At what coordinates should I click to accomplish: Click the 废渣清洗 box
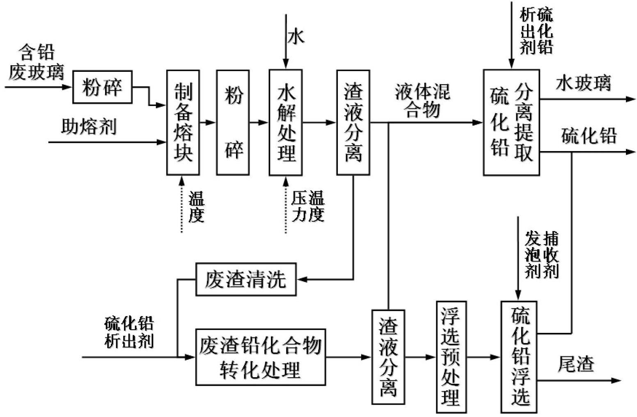pyautogui.click(x=246, y=280)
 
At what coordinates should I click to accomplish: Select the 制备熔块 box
pyautogui.click(x=183, y=123)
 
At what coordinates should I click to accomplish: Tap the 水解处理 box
pyautogui.click(x=286, y=123)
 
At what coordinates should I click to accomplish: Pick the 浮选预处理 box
pyautogui.click(x=451, y=357)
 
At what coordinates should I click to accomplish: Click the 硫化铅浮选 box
pyautogui.click(x=519, y=357)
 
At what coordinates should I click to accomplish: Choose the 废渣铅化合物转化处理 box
pyautogui.click(x=261, y=357)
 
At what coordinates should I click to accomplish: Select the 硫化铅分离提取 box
pyautogui.click(x=511, y=123)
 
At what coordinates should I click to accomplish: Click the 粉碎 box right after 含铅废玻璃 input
pyautogui.click(x=102, y=87)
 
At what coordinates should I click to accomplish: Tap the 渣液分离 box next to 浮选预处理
pyautogui.click(x=388, y=357)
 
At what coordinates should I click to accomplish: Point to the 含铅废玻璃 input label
pyautogui.click(x=37, y=62)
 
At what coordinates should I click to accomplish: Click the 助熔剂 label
pyautogui.click(x=89, y=127)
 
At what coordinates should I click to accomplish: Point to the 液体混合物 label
pyautogui.click(x=423, y=101)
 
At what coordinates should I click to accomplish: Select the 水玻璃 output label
pyautogui.click(x=583, y=83)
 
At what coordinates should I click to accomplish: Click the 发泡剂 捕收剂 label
pyautogui.click(x=542, y=254)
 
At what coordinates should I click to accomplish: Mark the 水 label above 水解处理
pyautogui.click(x=296, y=37)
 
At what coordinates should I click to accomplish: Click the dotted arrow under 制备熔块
pyautogui.click(x=182, y=205)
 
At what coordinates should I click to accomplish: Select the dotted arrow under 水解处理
pyautogui.click(x=286, y=205)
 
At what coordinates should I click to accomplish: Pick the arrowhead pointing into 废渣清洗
pyautogui.click(x=301, y=280)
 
